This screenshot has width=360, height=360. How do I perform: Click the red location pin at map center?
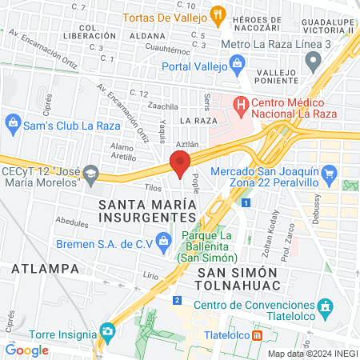click(179, 164)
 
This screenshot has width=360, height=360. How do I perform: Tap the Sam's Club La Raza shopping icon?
click(12, 122)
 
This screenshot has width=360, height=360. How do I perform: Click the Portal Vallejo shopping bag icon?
click(237, 63)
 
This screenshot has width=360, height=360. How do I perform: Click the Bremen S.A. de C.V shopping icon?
click(164, 240)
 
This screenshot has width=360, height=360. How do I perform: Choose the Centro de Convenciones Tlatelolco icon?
click(325, 306)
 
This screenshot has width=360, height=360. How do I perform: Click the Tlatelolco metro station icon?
click(257, 336)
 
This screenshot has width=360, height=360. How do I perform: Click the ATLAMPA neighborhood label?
click(33, 269)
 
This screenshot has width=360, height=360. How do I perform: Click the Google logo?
click(27, 350)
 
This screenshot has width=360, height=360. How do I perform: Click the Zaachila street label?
click(163, 106)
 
